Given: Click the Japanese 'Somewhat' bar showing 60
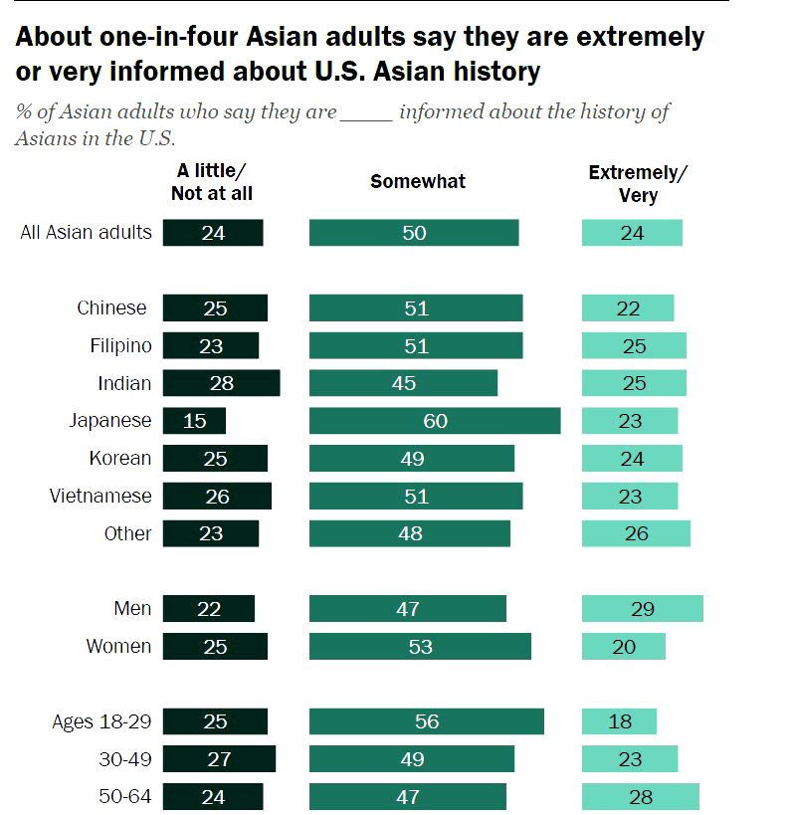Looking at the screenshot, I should [435, 421].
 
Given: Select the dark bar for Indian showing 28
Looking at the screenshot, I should [221, 383].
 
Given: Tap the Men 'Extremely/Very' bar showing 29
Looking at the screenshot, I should [642, 609].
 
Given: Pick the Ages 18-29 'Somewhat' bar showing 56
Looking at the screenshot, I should [426, 721].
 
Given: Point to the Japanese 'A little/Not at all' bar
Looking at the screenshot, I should [194, 421].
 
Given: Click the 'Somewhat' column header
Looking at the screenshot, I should [418, 181].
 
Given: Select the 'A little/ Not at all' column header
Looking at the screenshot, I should [211, 182].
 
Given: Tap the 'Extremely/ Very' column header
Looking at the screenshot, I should [638, 183].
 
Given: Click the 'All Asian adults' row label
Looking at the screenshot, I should [87, 233].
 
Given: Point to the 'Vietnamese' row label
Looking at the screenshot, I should [100, 496].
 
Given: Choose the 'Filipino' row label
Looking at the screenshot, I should [114, 345].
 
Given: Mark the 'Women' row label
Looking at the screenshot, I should [118, 647].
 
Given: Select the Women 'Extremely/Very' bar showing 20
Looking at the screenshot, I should [623, 647].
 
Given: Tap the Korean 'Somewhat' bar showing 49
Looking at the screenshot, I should [412, 459].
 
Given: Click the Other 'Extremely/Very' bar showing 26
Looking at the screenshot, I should [636, 533].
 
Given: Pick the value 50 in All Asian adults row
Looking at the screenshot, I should [414, 233].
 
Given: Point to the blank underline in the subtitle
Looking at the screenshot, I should [367, 112].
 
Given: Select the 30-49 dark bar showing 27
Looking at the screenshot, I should [219, 759].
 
